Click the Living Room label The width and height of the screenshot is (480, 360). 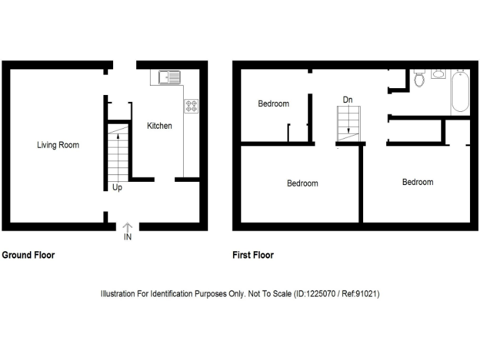[x=58, y=145]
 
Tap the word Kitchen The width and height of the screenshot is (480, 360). [x=159, y=126]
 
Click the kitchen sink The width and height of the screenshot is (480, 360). [x=168, y=78]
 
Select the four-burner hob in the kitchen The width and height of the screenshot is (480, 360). [x=191, y=106]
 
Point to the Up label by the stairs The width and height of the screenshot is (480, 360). [x=117, y=187]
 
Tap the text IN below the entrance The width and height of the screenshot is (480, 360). [x=127, y=237]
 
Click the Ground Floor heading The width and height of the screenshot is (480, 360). [x=28, y=255]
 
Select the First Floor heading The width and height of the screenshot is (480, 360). [x=253, y=255]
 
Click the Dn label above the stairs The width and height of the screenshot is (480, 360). [x=347, y=99]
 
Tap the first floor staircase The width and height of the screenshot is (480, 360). [x=348, y=124]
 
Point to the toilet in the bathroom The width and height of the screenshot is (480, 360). [x=419, y=80]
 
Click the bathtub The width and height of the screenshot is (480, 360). [x=460, y=91]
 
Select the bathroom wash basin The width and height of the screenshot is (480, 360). [x=438, y=74]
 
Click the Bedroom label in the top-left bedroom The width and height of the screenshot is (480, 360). [x=274, y=104]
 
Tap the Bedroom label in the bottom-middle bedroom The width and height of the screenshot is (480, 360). [x=302, y=183]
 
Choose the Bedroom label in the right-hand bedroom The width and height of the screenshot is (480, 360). [x=417, y=182]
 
